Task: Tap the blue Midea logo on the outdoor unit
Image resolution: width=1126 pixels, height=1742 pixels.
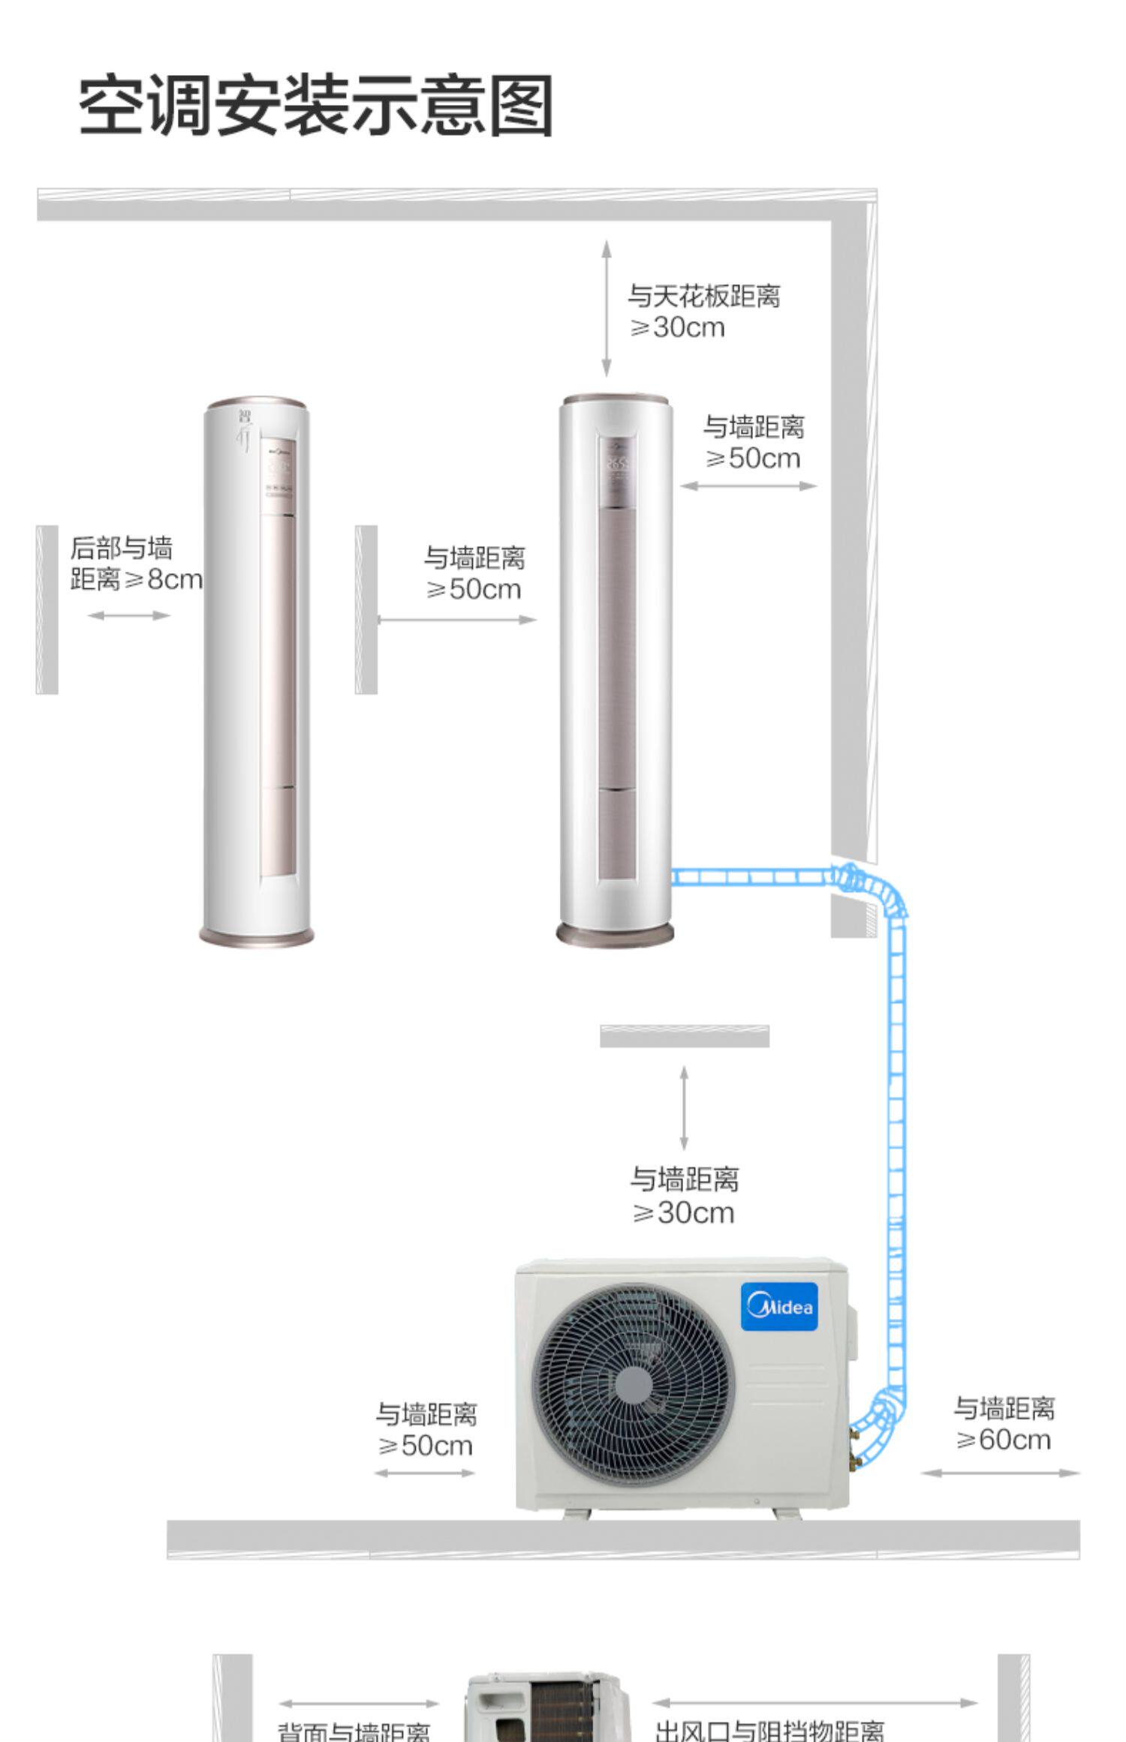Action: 778,1306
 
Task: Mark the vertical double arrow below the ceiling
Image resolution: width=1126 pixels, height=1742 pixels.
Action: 606,308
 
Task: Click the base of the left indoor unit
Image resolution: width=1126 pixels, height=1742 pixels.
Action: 257,935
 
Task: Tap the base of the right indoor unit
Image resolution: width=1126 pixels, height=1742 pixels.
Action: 615,933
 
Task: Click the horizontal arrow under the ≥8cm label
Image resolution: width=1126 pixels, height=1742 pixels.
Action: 129,615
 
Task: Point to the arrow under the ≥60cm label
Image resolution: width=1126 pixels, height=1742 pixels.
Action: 1000,1473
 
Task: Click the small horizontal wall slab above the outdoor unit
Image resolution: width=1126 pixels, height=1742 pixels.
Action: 685,1036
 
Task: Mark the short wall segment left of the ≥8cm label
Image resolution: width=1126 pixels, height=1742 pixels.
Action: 47,609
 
